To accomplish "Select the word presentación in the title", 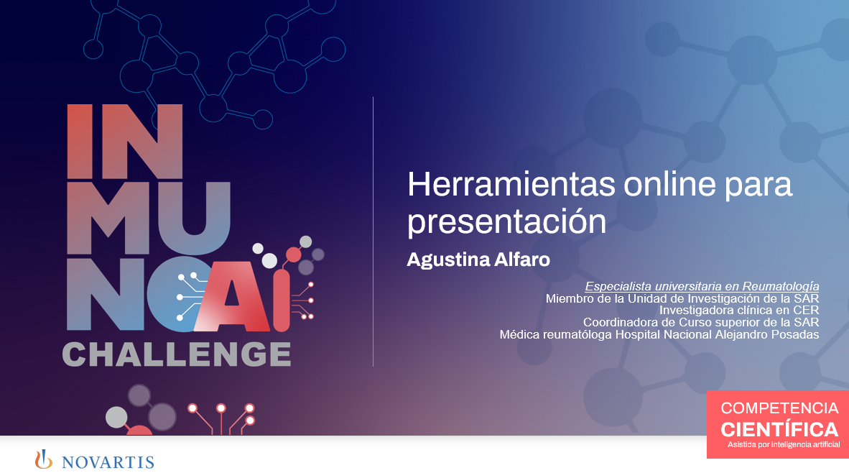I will point(506,221).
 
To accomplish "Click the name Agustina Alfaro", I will point(478,260).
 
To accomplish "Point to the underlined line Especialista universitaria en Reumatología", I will point(702,286).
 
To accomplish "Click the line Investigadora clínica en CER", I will point(739,310).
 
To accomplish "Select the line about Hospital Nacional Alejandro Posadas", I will point(659,334).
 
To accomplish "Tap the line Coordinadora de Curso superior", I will point(700,322).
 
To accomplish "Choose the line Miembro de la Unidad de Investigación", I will point(682,298).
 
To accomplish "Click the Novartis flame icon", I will point(45,459).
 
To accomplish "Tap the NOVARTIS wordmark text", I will point(108,461).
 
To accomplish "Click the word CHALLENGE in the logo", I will point(177,353).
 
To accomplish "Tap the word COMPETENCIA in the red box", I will point(779,408).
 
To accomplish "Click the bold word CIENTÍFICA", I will point(779,429).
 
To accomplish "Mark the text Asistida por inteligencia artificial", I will point(784,446).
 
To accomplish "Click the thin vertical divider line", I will point(373,230).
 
